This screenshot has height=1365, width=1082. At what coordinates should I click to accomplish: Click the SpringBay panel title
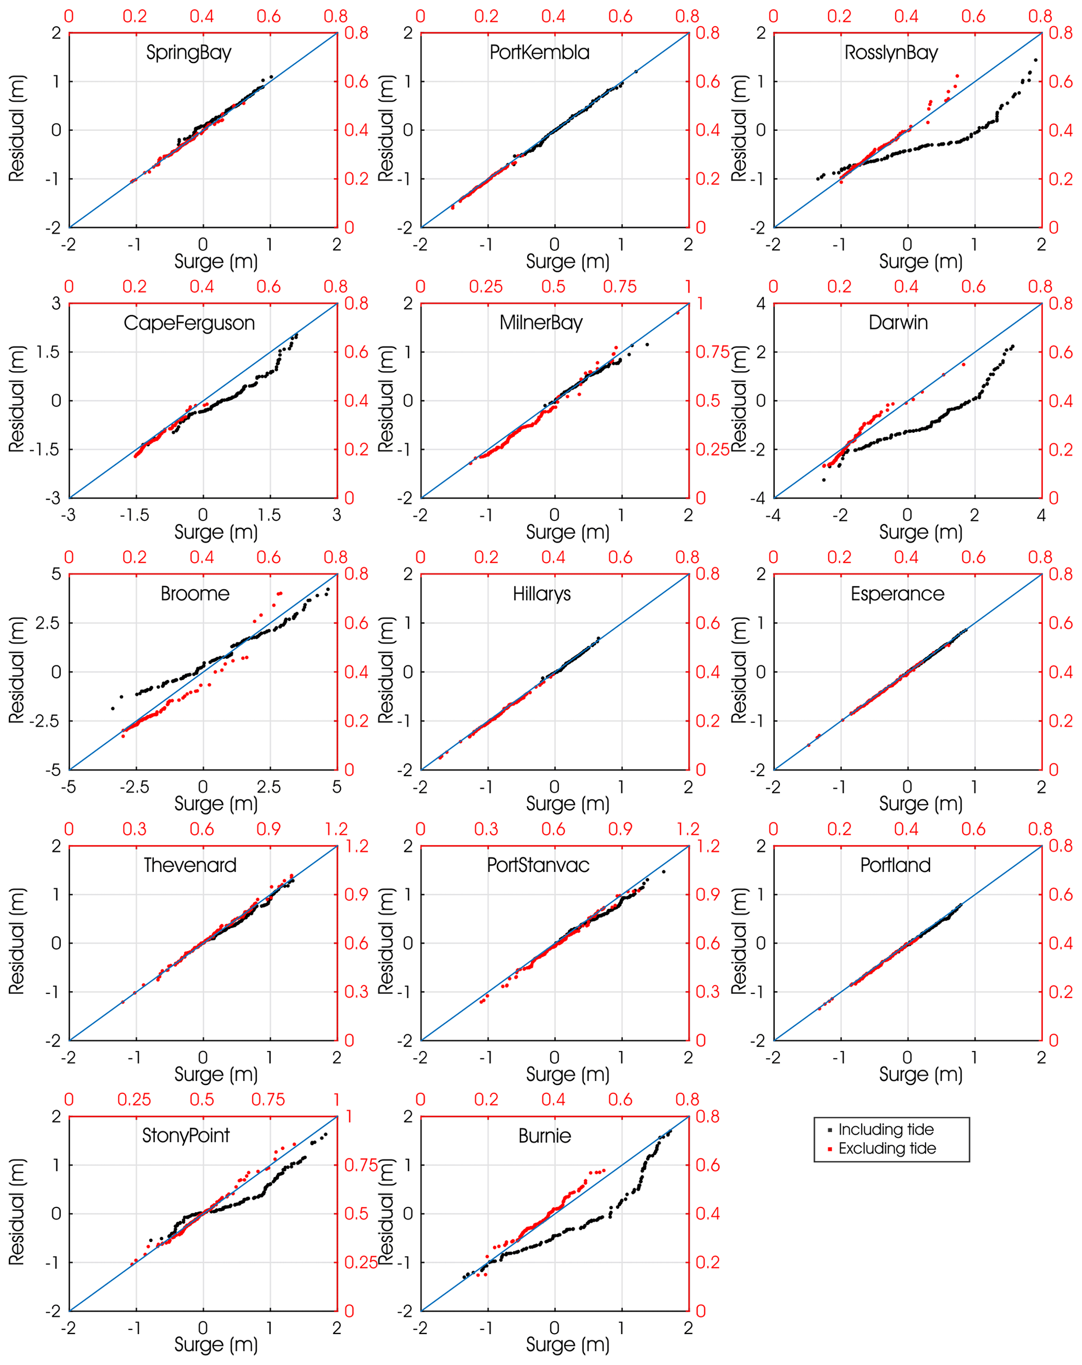188,52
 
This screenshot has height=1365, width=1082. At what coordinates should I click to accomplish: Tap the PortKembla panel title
539,52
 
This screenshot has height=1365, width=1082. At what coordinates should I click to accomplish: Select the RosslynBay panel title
891,52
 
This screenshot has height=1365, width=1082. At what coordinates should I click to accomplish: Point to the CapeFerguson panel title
189,323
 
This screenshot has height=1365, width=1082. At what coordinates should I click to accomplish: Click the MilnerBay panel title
541,323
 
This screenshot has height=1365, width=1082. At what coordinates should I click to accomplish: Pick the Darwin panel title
898,323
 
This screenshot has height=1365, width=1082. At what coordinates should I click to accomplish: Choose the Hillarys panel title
541,594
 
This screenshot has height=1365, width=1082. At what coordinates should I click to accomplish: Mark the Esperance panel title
897,594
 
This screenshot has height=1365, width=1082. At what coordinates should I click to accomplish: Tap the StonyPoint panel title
185,1135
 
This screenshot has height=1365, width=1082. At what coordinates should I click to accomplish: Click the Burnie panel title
544,1136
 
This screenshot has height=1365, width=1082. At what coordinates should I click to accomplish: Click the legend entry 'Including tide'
886,1129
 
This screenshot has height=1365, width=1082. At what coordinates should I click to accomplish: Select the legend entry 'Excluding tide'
887,1148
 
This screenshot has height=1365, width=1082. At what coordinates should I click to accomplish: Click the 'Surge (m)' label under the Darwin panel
921,532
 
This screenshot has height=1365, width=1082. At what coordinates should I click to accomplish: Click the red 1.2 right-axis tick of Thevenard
358,846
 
